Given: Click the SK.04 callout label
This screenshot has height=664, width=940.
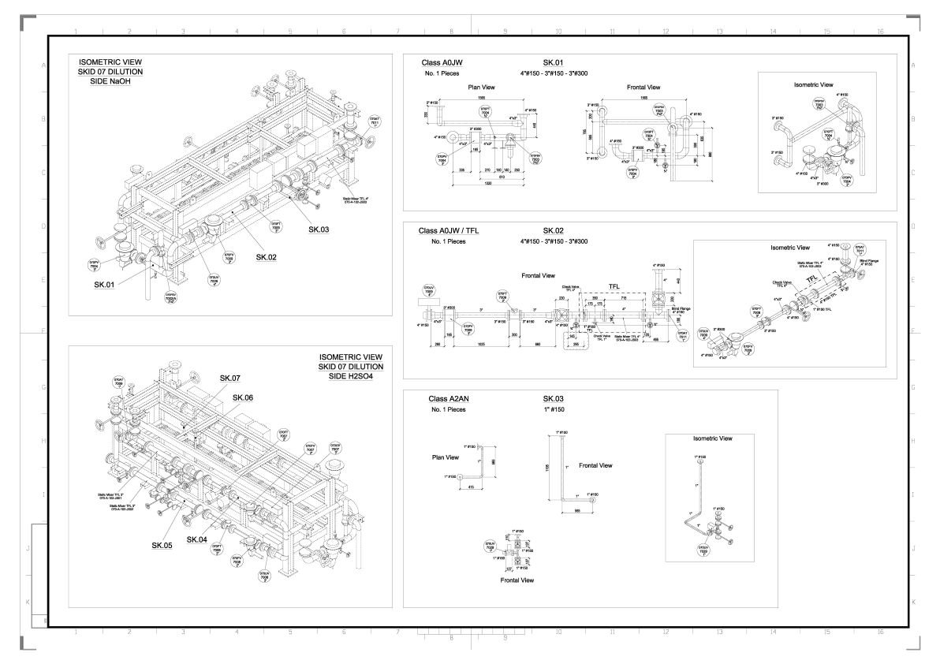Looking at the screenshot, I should pos(197,539).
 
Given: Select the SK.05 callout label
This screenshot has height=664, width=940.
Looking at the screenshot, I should pos(162,545).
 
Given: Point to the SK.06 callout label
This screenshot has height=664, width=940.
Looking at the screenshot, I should pos(243,397).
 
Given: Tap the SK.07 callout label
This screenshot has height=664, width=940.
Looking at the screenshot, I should pos(230,379).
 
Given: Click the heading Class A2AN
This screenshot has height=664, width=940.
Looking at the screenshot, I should pos(448,399).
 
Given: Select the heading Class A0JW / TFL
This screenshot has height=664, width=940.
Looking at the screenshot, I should pos(449,230).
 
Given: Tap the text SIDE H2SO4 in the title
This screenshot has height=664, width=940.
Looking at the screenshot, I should pos(351,377).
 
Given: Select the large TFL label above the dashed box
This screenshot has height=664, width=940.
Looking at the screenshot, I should pos(614,287).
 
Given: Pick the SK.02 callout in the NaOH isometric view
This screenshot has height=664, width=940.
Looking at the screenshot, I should pos(267,257).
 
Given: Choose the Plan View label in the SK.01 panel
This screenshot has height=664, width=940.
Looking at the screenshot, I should pos(479,88).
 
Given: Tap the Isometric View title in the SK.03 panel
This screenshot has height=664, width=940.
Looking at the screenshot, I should pos(712,438).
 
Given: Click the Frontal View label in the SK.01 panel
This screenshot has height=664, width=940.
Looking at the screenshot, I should pos(643,88).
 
